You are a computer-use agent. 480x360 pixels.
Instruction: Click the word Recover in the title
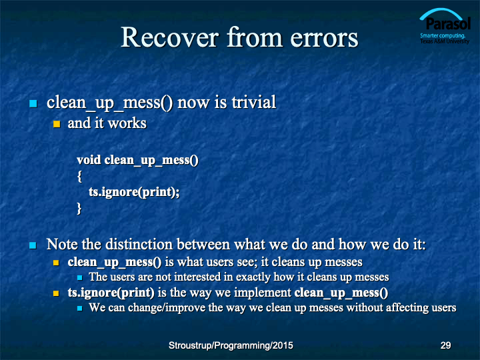click(170, 37)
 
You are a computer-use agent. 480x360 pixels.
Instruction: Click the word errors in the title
click(324, 39)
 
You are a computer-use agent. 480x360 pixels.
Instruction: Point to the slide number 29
click(445, 345)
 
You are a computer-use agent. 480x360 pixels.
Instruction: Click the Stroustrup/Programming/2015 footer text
click(231, 345)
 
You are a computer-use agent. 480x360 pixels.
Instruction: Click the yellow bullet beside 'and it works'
click(57, 124)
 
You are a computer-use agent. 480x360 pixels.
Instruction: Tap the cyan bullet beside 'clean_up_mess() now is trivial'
click(33, 103)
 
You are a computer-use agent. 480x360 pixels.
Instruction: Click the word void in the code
click(89, 160)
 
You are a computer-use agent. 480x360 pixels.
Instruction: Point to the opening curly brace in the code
click(79, 176)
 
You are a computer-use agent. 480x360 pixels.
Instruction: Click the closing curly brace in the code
click(79, 209)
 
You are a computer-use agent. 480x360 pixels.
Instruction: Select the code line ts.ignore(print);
click(134, 192)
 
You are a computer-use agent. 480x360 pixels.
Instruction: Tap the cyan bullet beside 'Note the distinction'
click(33, 245)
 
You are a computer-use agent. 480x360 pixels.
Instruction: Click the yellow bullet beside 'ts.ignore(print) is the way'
click(56, 293)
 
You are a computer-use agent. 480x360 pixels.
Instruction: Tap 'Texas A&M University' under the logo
click(445, 41)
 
